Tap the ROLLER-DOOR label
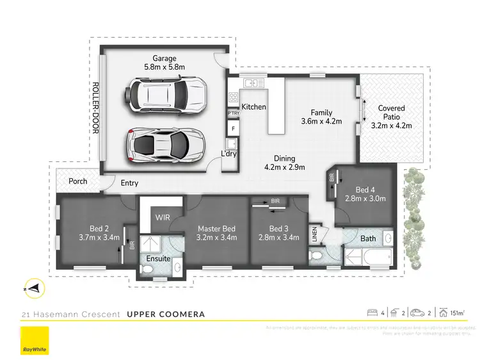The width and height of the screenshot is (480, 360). coord(95,107)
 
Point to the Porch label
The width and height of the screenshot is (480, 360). coord(77,181)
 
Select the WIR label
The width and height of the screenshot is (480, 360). coord(162,217)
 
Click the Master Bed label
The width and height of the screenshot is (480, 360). coord(216,233)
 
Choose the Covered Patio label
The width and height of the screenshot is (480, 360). coord(392,117)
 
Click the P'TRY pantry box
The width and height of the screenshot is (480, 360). coord(233,113)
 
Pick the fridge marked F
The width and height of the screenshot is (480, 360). coord(233,129)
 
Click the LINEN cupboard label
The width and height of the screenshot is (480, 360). coord(314,233)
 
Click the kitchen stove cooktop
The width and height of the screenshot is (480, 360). coord(232,98)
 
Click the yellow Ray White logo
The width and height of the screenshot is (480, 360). coord(36,341)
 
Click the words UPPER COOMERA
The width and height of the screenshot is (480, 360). coord(166,314)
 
